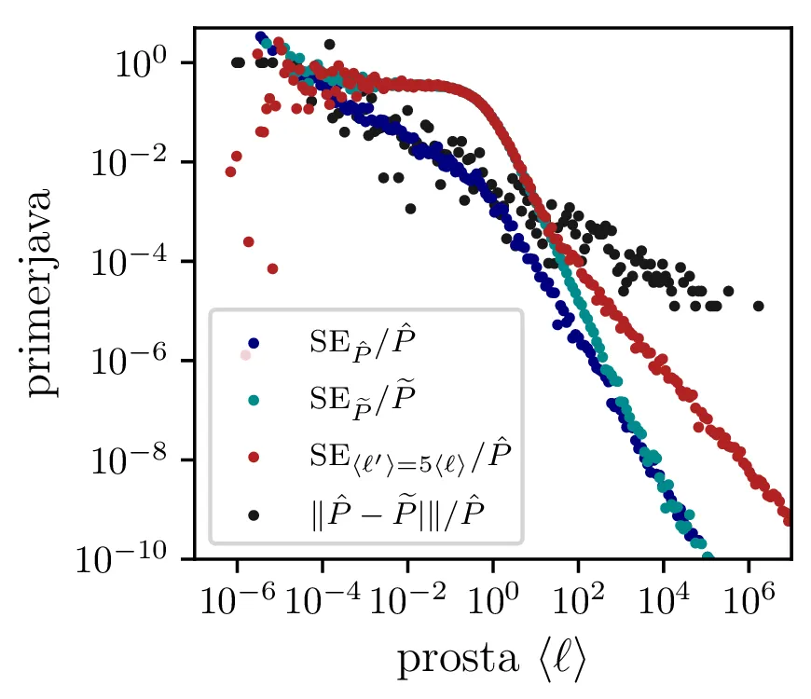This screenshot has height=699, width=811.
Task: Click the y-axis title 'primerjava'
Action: point(43,294)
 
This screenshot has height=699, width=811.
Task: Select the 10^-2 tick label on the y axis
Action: point(141,162)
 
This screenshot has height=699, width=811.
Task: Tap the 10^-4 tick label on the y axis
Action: point(141,262)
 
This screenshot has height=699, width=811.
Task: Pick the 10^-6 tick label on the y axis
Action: point(141,361)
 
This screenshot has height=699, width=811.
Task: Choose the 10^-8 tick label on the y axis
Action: point(141,459)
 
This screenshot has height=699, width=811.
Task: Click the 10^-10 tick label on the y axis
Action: point(135,558)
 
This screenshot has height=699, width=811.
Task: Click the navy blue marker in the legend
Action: point(254,343)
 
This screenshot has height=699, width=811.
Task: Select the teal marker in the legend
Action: point(254,400)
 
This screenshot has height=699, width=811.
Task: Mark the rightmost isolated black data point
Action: point(759,306)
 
